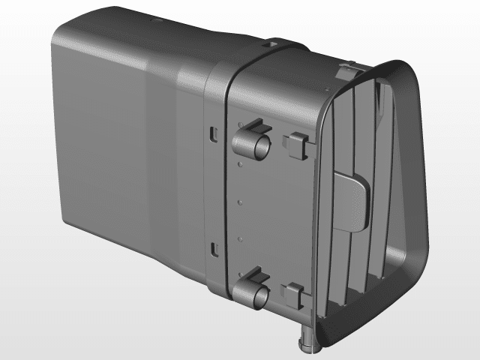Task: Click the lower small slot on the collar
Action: pyautogui.click(x=214, y=248)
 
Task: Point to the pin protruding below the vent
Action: pyautogui.click(x=307, y=342)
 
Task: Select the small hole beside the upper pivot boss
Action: pyautogui.click(x=239, y=161)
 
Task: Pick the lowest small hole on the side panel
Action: pyautogui.click(x=239, y=238)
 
